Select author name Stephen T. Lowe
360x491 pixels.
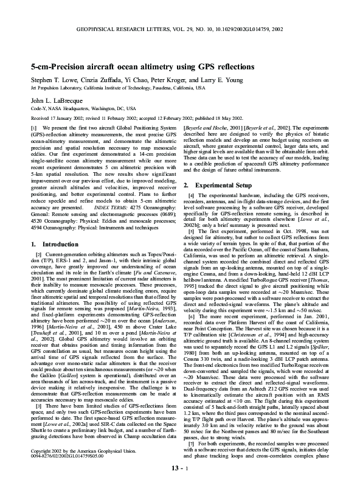54,80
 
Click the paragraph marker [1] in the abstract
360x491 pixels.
34,127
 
